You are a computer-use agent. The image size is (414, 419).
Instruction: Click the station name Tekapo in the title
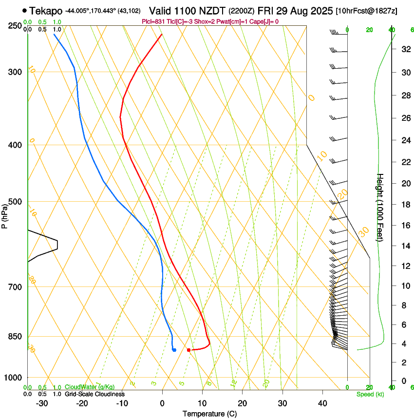(46, 10)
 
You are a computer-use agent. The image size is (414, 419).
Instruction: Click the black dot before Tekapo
(24, 10)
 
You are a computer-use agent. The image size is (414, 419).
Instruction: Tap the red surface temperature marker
(188, 350)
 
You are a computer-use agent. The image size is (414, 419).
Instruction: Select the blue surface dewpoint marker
(174, 349)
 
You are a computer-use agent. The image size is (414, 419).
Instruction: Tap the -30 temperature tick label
(41, 403)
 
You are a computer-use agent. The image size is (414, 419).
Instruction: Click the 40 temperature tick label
(322, 403)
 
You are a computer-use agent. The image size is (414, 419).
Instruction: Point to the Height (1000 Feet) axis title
(380, 207)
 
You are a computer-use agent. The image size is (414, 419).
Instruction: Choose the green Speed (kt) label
(370, 394)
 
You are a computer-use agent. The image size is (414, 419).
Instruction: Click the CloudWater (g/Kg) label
(90, 387)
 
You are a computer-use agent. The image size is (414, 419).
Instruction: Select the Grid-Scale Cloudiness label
(94, 394)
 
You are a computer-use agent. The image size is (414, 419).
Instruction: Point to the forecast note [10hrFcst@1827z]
(367, 11)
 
